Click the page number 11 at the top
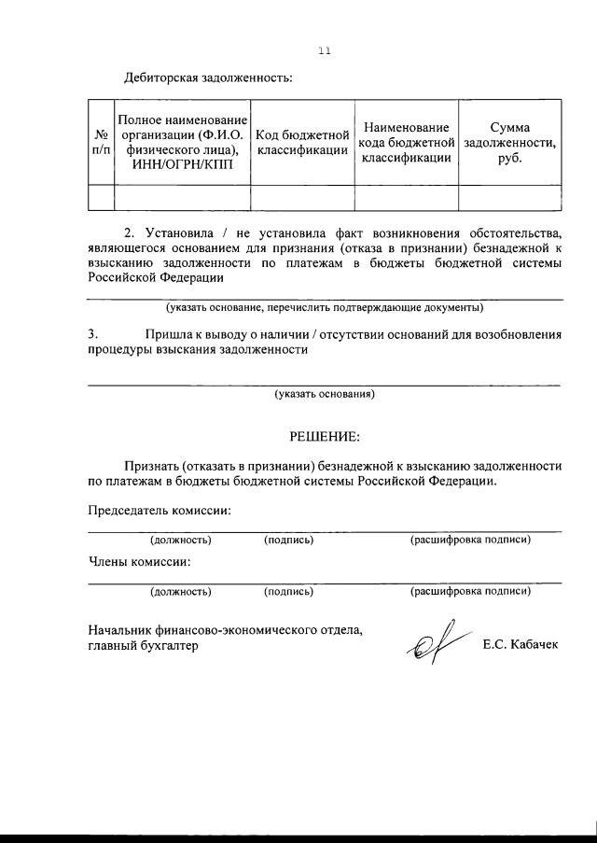(325, 51)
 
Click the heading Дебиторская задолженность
(208, 77)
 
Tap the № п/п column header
(100, 142)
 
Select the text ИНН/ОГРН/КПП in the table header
(182, 165)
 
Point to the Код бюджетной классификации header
(302, 143)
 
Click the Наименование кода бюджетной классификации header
(406, 142)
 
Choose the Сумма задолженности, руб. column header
(509, 142)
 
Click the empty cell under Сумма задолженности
(509, 197)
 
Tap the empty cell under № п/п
(100, 197)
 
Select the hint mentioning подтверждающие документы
(325, 307)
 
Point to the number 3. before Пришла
(92, 334)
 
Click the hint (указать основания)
(325, 394)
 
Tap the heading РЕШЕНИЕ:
(324, 436)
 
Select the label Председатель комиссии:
(160, 511)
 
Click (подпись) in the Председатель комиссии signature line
(288, 540)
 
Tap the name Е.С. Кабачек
(521, 645)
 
